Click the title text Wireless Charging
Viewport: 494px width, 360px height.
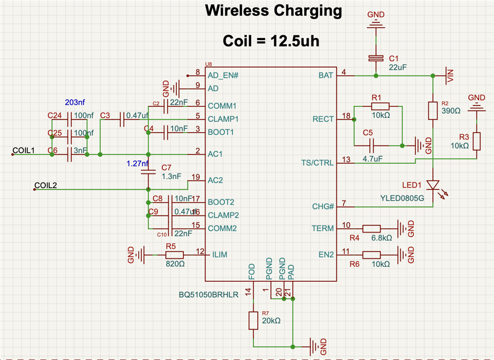(x=273, y=10)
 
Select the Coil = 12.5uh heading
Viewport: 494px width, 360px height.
(x=271, y=41)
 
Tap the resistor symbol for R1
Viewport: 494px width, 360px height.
(x=380, y=106)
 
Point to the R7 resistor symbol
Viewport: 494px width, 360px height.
(x=253, y=320)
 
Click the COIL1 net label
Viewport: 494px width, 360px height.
(x=23, y=150)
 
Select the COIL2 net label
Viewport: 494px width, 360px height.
(x=45, y=185)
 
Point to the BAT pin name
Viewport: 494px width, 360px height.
(x=326, y=76)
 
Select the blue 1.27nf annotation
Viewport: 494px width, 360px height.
(x=138, y=164)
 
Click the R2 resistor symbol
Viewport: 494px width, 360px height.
(x=433, y=111)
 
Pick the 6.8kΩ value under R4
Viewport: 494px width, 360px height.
(x=382, y=238)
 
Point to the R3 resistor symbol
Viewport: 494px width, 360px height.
(x=477, y=141)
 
